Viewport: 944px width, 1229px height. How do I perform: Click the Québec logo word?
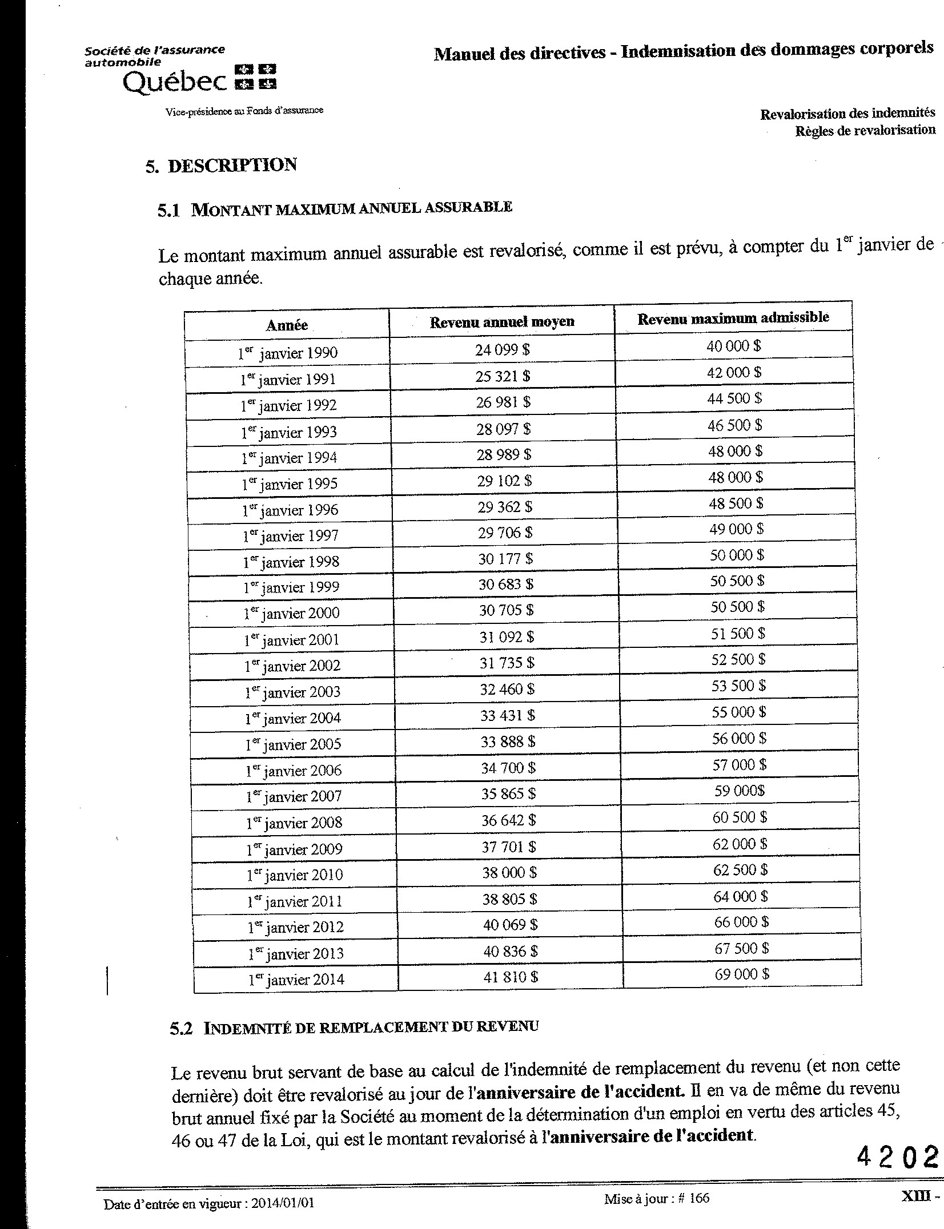coord(175,83)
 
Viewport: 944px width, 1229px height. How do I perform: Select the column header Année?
coord(287,325)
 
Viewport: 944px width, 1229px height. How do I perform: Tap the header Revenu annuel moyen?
coord(501,322)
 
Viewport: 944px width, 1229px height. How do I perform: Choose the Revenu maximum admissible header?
coord(733,318)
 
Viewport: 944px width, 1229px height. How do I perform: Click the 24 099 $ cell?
coord(502,349)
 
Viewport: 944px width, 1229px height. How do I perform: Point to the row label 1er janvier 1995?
coord(290,484)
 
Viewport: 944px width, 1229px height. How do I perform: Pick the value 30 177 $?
coord(505,559)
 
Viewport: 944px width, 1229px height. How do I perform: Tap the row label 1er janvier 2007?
coord(294,796)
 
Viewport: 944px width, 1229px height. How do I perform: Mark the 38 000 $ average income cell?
coord(509,873)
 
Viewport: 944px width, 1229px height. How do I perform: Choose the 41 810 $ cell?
coord(511,977)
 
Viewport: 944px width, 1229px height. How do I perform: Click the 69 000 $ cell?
coord(741,974)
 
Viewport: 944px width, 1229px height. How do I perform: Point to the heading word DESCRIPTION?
coord(232,166)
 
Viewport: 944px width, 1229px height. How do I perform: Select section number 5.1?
coord(168,211)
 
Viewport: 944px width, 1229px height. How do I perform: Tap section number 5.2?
coord(182,1029)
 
